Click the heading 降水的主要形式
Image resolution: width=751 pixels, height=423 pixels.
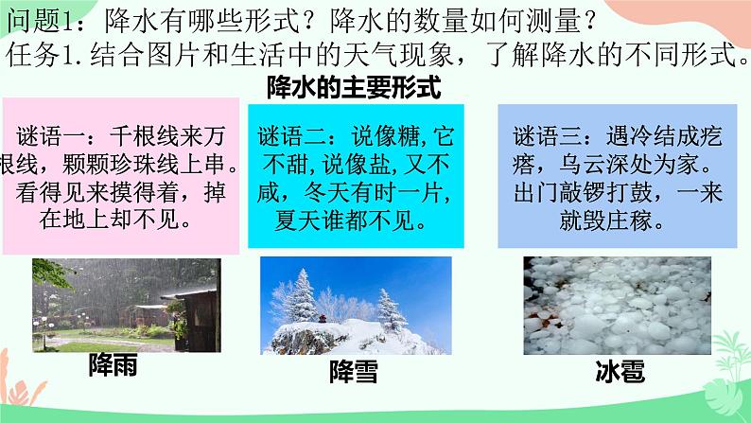354,87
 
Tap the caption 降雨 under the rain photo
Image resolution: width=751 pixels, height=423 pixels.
114,365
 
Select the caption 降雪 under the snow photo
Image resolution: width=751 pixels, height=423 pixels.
354,372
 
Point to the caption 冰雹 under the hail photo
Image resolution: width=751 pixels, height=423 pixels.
620,371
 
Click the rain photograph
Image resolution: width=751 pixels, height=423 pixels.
127,305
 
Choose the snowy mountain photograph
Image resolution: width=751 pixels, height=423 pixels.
356,306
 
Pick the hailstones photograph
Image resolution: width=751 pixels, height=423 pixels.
617,306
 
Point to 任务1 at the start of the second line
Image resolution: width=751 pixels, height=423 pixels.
39,55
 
